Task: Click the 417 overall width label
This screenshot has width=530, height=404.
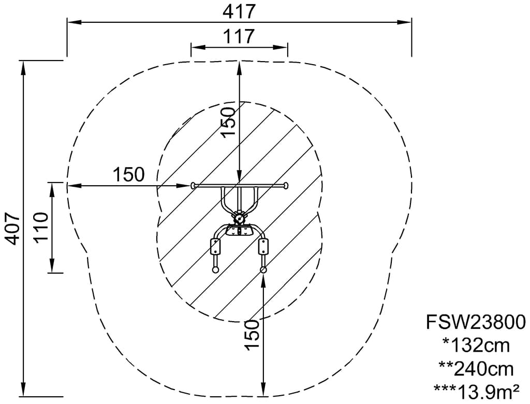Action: tap(239, 12)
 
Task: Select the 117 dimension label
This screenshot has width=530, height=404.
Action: tap(239, 36)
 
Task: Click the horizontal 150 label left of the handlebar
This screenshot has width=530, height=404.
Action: tap(128, 175)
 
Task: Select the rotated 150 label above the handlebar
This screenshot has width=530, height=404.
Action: tap(227, 122)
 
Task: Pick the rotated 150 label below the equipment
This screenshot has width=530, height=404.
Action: tap(252, 335)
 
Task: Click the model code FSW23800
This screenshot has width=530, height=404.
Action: tap(476, 322)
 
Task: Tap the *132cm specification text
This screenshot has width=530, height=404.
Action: tap(476, 346)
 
